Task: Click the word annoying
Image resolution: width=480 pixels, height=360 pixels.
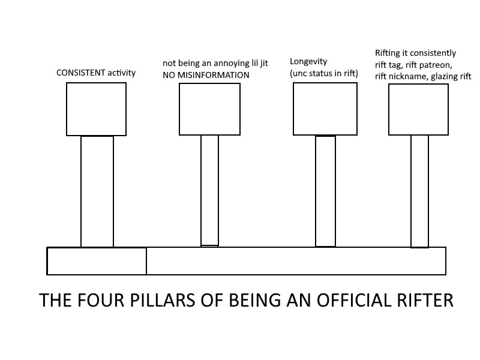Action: [x=220, y=63]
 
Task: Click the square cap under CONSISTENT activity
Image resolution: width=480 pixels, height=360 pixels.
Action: [x=96, y=109]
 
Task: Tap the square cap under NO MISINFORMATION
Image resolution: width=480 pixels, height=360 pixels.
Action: [x=209, y=109]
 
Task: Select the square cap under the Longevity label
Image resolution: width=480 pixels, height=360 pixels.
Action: [x=325, y=109]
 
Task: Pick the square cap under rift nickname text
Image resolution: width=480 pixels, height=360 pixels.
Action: [x=418, y=109]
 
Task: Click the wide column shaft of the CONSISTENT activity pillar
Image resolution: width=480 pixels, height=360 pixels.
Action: [x=97, y=191]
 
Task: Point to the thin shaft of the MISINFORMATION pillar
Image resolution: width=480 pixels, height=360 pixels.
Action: [x=209, y=190]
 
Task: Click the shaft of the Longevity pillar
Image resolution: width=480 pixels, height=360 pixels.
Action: [x=325, y=191]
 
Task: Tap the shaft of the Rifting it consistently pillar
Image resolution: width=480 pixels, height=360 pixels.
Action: [x=419, y=191]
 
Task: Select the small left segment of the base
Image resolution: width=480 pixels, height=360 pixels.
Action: [x=97, y=261]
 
